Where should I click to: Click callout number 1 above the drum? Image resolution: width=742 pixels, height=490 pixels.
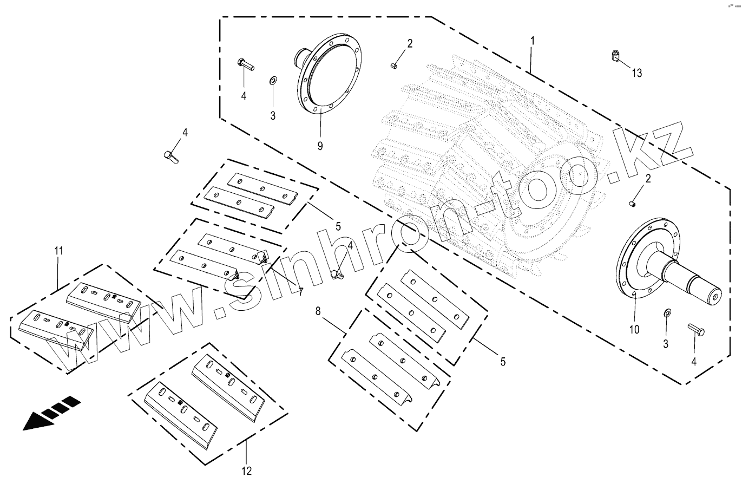pos(533,41)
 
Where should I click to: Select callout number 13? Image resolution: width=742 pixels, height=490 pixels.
pos(637,73)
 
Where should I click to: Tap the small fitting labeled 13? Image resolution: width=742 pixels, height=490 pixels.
pos(615,54)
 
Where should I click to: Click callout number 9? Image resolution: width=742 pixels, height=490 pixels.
pos(319,146)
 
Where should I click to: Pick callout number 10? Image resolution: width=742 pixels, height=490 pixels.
pos(634,329)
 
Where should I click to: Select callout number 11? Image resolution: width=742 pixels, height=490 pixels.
pos(58,251)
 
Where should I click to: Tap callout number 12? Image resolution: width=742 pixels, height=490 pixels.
pos(246,471)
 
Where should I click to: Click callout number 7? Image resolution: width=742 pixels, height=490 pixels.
pos(300,292)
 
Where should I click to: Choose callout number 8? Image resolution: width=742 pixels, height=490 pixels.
pos(318,311)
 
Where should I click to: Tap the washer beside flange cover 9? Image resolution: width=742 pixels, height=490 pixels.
pos(273,81)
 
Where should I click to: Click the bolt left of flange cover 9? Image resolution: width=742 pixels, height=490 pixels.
pos(245,64)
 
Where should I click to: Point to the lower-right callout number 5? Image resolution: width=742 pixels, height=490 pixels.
pos(502,362)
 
